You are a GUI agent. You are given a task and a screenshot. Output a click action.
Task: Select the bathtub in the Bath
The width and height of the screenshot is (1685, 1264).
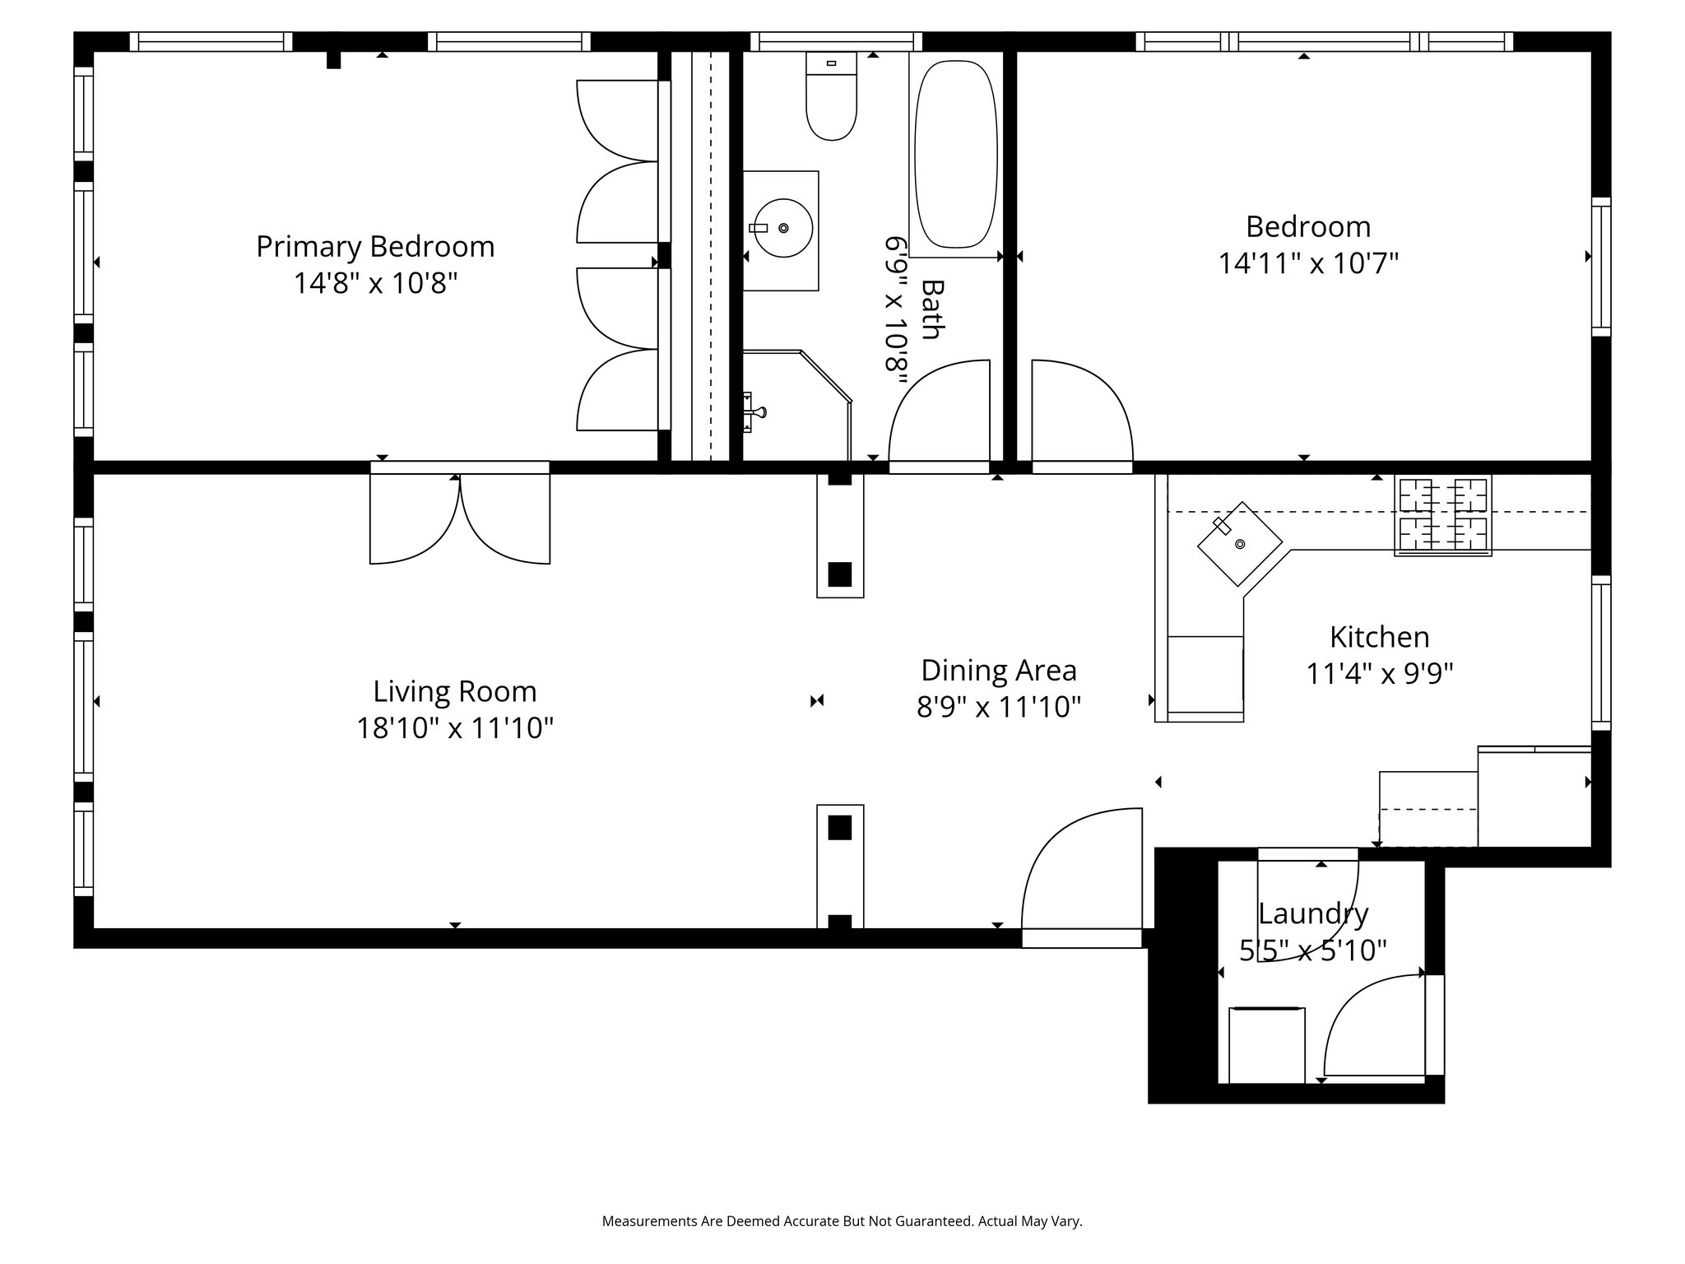pos(956,153)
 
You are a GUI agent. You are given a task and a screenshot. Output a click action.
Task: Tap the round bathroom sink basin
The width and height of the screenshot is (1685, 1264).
pos(783,228)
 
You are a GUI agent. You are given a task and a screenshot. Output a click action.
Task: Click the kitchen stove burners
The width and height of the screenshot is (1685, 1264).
pos(1442,516)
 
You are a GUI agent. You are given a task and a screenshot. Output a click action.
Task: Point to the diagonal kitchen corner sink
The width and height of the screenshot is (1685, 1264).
pos(1240,544)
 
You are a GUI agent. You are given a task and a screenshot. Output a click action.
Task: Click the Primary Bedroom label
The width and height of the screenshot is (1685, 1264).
pos(375,246)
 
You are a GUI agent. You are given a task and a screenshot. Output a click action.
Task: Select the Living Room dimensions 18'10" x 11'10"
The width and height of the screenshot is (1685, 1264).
pos(454,728)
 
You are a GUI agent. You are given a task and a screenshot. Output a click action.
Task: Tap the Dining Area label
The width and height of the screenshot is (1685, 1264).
pos(999,670)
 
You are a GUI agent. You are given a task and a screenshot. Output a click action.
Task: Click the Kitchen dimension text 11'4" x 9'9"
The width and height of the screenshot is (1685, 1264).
pos(1380,674)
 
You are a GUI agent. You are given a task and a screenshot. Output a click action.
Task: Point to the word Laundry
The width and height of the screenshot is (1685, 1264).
pos(1313,914)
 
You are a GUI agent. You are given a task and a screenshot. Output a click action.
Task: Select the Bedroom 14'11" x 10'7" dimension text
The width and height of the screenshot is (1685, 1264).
pos(1308,263)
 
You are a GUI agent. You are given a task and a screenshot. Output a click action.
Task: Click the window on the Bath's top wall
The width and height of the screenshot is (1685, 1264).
pos(836,41)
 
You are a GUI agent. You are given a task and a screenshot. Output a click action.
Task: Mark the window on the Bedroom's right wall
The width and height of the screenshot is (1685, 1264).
pos(1600,267)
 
